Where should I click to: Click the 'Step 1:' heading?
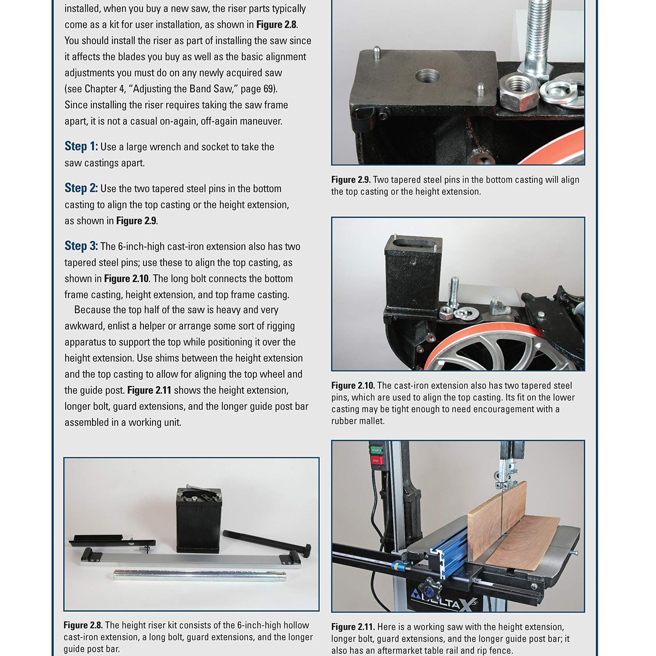pyautogui.click(x=81, y=147)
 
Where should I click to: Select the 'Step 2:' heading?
pyautogui.click(x=81, y=188)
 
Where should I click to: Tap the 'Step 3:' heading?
pyautogui.click(x=81, y=246)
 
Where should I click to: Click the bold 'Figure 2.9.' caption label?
pyautogui.click(x=351, y=180)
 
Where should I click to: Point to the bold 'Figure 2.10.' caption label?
pyautogui.click(x=353, y=386)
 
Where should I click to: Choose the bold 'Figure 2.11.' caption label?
pyautogui.click(x=353, y=627)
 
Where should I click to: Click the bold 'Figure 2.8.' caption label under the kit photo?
pyautogui.click(x=83, y=625)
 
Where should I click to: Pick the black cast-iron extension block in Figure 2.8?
pyautogui.click(x=199, y=520)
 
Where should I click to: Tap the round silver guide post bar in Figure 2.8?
pyautogui.click(x=199, y=575)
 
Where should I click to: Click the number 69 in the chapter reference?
pyautogui.click(x=268, y=89)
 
